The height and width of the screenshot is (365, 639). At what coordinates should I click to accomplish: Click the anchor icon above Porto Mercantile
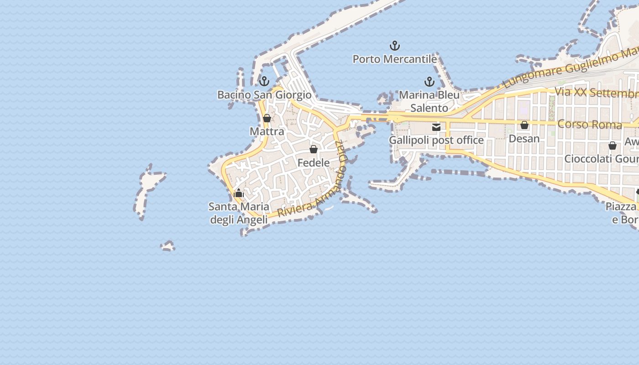click(x=395, y=46)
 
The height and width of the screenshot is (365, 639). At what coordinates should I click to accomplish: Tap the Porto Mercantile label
click(x=395, y=59)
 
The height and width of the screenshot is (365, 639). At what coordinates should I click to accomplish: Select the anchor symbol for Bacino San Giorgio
click(x=264, y=82)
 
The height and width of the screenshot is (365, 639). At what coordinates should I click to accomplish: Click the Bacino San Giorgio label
click(x=264, y=95)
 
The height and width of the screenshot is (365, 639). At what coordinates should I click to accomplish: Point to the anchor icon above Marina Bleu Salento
click(x=429, y=82)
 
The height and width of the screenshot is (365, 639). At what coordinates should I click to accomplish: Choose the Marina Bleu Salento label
click(x=429, y=102)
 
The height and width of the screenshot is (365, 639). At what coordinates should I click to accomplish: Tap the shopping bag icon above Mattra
click(x=267, y=119)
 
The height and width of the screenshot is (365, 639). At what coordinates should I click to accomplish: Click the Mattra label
click(x=267, y=131)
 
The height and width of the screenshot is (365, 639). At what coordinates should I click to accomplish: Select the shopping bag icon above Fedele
click(x=314, y=149)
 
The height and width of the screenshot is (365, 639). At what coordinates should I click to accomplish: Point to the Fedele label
click(x=314, y=162)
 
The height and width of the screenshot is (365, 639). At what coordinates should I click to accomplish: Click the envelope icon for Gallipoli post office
click(x=436, y=127)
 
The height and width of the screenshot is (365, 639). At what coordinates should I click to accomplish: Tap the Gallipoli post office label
click(x=436, y=140)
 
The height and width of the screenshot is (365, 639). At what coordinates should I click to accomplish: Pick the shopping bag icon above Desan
click(x=524, y=125)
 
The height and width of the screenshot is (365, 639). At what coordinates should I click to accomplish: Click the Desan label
click(x=524, y=138)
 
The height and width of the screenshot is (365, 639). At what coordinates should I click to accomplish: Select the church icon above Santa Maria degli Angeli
click(x=239, y=193)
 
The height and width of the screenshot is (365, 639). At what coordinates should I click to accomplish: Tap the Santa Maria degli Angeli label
click(x=239, y=213)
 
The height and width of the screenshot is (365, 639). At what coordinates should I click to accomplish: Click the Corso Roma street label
click(x=590, y=124)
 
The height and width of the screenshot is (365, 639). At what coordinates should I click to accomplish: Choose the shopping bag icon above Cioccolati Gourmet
click(x=613, y=146)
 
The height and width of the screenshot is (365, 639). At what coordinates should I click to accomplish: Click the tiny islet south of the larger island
click(x=168, y=246)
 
